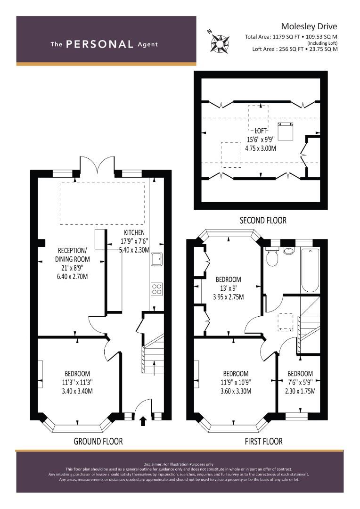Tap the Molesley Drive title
[309, 26]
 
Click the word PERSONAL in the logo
[99, 44]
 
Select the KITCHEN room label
[134, 232]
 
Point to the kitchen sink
[157, 259]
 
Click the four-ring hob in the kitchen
[157, 289]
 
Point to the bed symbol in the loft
[286, 131]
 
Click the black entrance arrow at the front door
[142, 421]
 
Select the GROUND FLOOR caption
[98, 441]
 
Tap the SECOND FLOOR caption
[263, 221]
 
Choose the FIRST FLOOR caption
[263, 441]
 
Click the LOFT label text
[261, 131]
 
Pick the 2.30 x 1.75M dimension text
[300, 391]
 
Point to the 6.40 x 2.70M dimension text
[72, 277]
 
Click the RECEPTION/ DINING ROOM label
[73, 255]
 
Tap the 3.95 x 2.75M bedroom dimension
[229, 297]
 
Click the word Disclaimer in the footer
[152, 464]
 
